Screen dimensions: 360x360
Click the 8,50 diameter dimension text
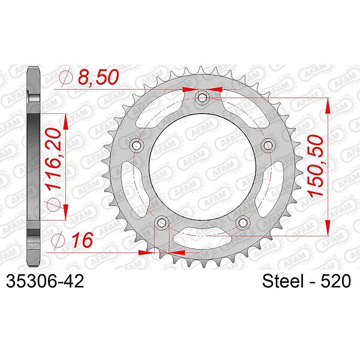pos(98,77)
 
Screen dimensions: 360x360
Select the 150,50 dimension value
pos(315,166)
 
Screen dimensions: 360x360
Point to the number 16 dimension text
pos(82,240)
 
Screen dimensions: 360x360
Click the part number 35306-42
pos(45,281)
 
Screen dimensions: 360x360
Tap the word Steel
pos(283,281)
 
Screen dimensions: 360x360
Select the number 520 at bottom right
pos(335,281)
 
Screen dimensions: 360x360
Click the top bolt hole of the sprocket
pos(202,98)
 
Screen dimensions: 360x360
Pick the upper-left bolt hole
pos(137,145)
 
